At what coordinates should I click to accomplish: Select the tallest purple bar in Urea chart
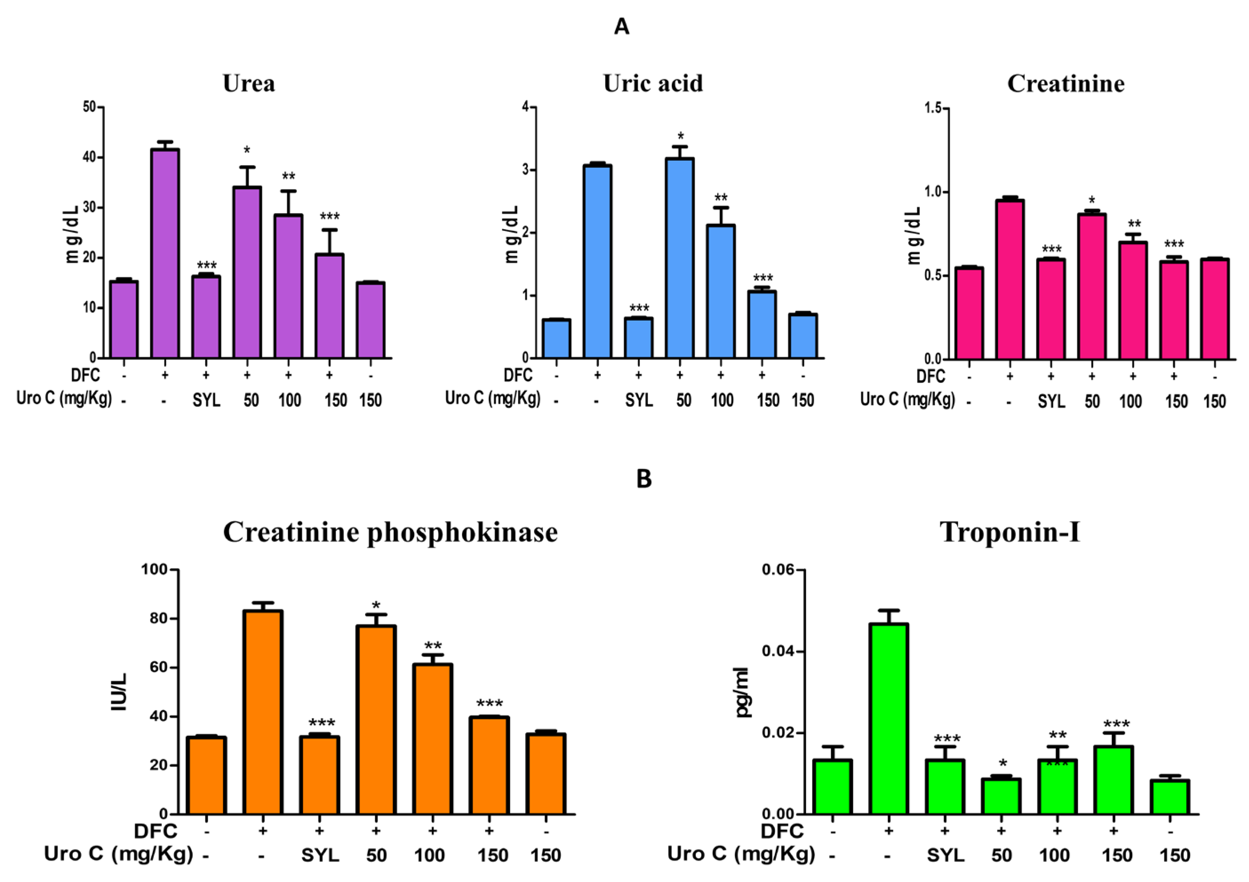pyautogui.click(x=165, y=253)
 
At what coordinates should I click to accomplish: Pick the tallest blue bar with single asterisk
pyautogui.click(x=679, y=258)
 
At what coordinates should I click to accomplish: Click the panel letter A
pyautogui.click(x=621, y=26)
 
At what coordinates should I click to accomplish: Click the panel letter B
pyautogui.click(x=643, y=479)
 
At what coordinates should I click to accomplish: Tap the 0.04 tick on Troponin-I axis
pyautogui.click(x=778, y=652)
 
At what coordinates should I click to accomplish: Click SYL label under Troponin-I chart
pyautogui.click(x=946, y=855)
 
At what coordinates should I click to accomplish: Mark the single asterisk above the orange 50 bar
pyautogui.click(x=376, y=606)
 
